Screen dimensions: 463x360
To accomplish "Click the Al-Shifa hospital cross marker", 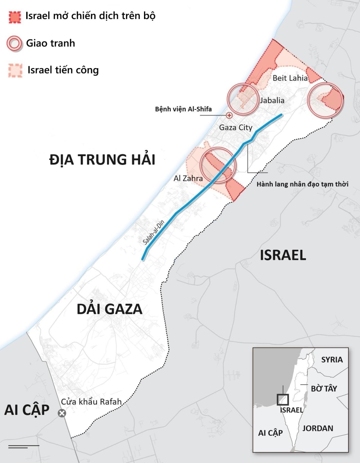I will tap(229, 115).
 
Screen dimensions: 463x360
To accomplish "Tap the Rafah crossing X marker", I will tap(62, 413).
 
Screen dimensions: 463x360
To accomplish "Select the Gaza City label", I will tap(236, 127).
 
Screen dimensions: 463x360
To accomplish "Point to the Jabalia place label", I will tap(272, 100).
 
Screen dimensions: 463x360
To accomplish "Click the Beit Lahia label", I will tap(290, 78).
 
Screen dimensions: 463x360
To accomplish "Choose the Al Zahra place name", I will tap(188, 178).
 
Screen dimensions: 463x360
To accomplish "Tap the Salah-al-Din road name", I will tap(154, 232).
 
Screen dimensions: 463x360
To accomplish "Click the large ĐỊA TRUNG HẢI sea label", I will tap(102, 160).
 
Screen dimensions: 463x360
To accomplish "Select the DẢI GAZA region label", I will tap(109, 309).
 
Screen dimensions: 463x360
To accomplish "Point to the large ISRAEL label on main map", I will tap(283, 255).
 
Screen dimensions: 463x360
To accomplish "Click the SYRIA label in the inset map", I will tap(332, 360).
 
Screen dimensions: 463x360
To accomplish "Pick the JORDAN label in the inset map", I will tap(318, 428).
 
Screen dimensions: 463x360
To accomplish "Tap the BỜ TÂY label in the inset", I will tap(324, 388).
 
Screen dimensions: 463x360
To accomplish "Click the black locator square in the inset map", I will tap(283, 399).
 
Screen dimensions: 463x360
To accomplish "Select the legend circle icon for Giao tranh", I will tap(14, 44).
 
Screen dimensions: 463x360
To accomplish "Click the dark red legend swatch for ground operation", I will tap(15, 17).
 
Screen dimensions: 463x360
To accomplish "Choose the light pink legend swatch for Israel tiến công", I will tap(15, 70).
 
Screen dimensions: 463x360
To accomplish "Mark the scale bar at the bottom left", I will tap(23, 446).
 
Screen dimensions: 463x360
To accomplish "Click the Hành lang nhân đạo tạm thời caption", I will tap(302, 184).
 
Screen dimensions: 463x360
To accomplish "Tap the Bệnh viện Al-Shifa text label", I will tap(183, 109).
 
